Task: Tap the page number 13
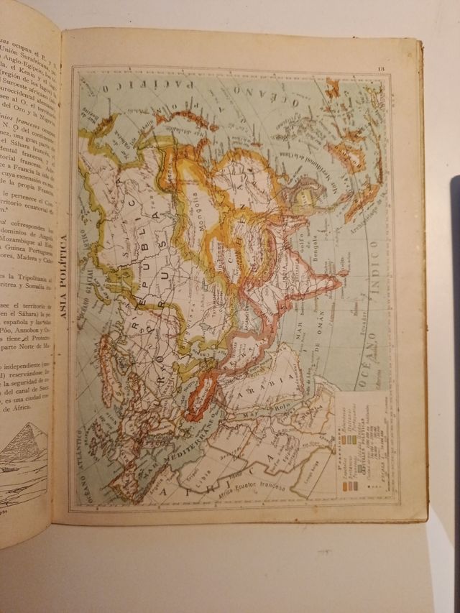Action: tap(381, 69)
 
